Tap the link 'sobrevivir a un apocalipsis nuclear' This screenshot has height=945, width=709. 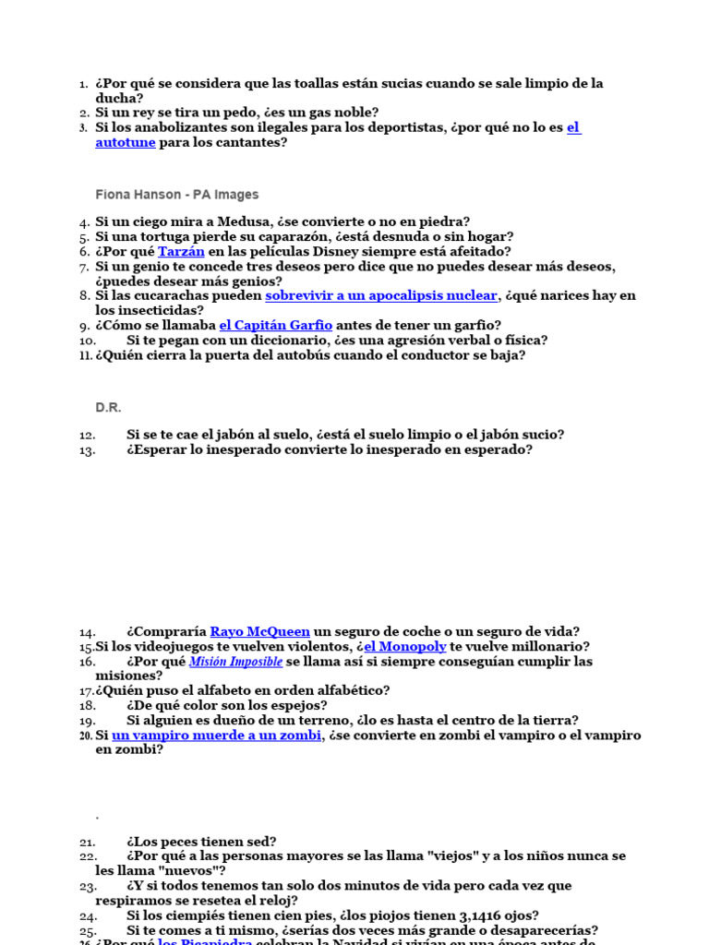pos(381,295)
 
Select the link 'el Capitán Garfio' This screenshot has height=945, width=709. pos(275,325)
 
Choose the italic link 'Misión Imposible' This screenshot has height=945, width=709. pos(235,662)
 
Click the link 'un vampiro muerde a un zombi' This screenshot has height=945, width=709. pos(216,736)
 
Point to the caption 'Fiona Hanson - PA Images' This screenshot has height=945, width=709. pos(177,195)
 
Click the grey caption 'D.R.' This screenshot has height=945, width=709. pos(108,407)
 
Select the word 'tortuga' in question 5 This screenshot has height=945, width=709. pos(160,236)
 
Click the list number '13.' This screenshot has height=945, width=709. pos(88,450)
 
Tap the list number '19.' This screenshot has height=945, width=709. pos(88,721)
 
